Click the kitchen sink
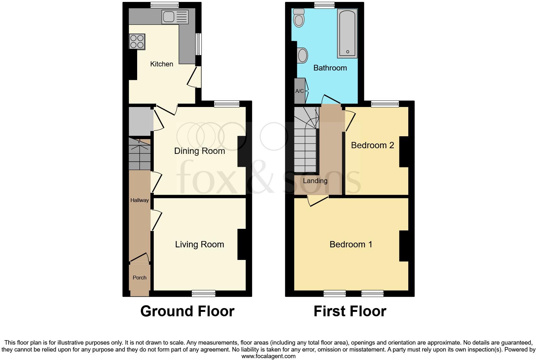pyautogui.click(x=175, y=17)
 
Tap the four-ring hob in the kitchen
pyautogui.click(x=137, y=42)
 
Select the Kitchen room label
pyautogui.click(x=162, y=64)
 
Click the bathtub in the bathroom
pyautogui.click(x=347, y=33)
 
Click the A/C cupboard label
pyautogui.click(x=299, y=91)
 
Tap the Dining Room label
pyautogui.click(x=199, y=151)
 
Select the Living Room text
pyautogui.click(x=199, y=245)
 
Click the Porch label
pyautogui.click(x=139, y=278)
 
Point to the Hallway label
pyautogui.click(x=139, y=200)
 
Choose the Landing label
pyautogui.click(x=315, y=181)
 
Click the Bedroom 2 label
pyautogui.click(x=372, y=145)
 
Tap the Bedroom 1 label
pyautogui.click(x=351, y=245)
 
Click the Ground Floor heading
pyautogui.click(x=187, y=311)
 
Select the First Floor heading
pyautogui.click(x=350, y=311)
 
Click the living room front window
pyautogui.click(x=204, y=293)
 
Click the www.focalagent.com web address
pyautogui.click(x=268, y=356)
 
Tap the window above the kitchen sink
pyautogui.click(x=165, y=5)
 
